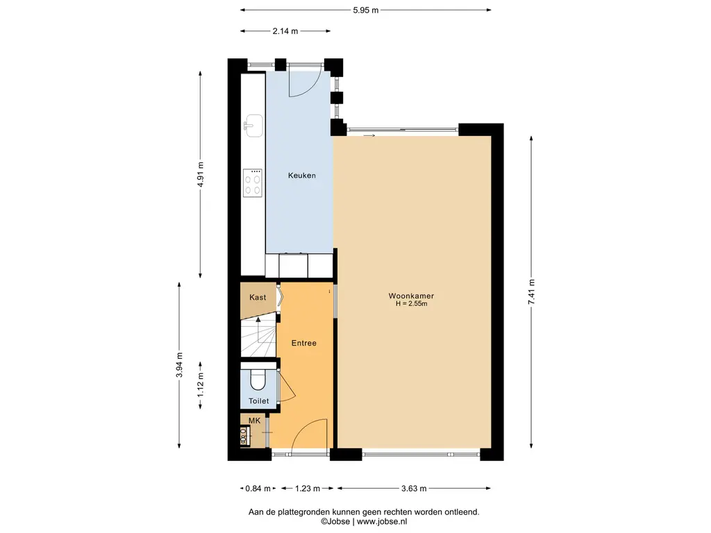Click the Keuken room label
click(301, 176)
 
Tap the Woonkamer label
click(411, 296)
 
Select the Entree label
click(304, 343)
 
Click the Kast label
click(258, 297)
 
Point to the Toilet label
click(258, 400)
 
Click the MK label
click(254, 421)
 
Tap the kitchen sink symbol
click(253, 126)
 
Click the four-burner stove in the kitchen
click(253, 183)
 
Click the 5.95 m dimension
click(365, 10)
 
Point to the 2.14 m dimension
click(285, 31)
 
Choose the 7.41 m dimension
click(531, 292)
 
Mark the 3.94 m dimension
click(180, 365)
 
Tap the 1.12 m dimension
click(201, 385)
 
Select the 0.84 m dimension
click(258, 489)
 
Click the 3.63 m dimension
click(414, 489)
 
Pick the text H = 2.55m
click(411, 304)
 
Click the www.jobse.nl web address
click(382, 521)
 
